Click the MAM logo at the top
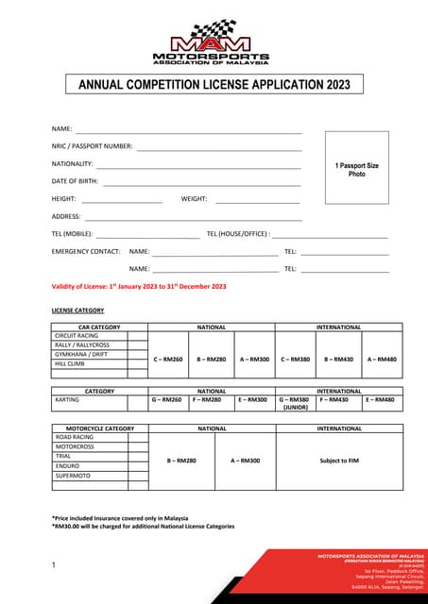pos(214,42)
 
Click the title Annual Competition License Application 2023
pos(214,85)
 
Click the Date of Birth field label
pos(75,180)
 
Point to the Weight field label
pos(194,198)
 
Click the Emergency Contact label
pos(86,251)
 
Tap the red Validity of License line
pos(139,286)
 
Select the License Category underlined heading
pos(77,310)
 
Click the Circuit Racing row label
pos(77,336)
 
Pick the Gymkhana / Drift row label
pos(81,354)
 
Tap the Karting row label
pos(66,399)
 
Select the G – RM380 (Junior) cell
pos(295,403)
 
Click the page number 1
pos(54,565)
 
